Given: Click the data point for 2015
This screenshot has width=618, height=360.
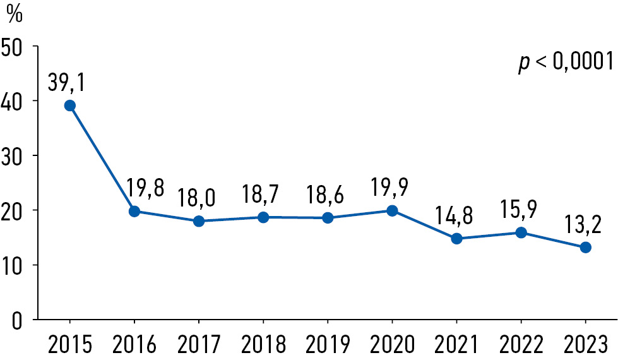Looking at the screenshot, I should (x=70, y=105).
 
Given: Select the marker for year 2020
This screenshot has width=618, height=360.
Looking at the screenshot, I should (x=392, y=210).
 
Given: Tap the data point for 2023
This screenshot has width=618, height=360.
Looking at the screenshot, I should (x=585, y=247).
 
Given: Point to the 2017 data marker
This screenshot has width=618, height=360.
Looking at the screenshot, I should (x=199, y=221).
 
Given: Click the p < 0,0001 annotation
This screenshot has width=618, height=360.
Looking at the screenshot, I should (x=566, y=62).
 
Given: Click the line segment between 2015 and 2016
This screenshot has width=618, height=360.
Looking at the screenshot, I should (x=102, y=158).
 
